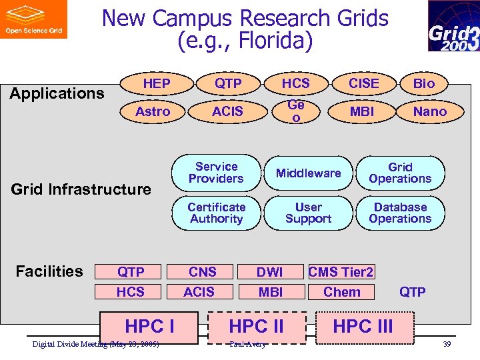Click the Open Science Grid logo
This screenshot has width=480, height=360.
click(x=33, y=19)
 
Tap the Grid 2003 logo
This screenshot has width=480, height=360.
click(x=453, y=26)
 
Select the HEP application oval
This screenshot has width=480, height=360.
click(x=157, y=83)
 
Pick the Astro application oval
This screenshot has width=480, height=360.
click(x=153, y=111)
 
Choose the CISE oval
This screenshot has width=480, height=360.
click(x=363, y=83)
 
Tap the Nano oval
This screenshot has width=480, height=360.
click(x=429, y=111)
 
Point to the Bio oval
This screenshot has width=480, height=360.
click(x=423, y=83)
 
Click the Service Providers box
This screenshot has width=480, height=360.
click(x=216, y=173)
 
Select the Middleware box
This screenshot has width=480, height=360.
click(x=308, y=173)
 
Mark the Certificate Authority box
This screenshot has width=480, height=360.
click(x=216, y=213)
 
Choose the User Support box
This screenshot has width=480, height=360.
click(x=308, y=213)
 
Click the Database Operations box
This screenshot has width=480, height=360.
click(x=400, y=213)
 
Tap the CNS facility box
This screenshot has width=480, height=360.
click(x=202, y=272)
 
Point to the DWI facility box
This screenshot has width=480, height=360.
click(x=270, y=272)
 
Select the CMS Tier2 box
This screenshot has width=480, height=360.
click(x=341, y=272)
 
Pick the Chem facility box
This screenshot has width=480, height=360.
click(x=341, y=292)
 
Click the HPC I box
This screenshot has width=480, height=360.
click(x=149, y=327)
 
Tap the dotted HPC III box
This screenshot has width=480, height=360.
click(x=363, y=327)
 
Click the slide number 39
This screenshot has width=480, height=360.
click(x=446, y=344)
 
